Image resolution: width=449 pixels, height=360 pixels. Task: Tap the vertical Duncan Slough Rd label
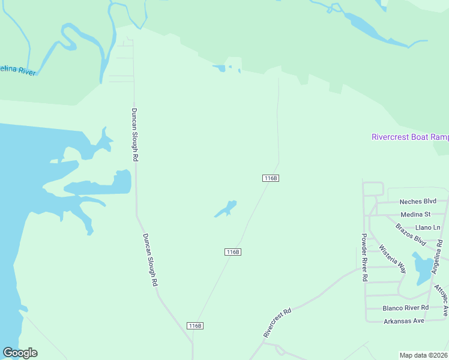click(x=135, y=134)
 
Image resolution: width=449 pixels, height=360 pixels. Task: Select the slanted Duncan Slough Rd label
click(x=150, y=259)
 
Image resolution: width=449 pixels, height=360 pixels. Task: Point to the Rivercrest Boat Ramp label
click(x=410, y=137)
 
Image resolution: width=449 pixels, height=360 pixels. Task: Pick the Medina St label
click(x=415, y=214)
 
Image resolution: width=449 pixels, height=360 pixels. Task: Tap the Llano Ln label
click(x=428, y=227)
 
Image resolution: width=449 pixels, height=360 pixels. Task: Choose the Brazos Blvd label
click(x=411, y=235)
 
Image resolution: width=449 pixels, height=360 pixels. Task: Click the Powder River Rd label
click(x=364, y=258)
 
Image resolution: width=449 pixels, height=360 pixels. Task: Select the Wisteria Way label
click(x=392, y=259)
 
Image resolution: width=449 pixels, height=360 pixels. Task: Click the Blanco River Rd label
click(x=406, y=308)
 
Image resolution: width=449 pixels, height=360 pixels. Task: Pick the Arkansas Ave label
click(x=404, y=321)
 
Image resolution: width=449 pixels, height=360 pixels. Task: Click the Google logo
click(x=20, y=353)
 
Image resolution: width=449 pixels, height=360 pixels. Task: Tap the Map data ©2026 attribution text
click(x=424, y=355)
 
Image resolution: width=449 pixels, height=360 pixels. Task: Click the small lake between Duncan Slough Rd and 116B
click(x=226, y=209)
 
